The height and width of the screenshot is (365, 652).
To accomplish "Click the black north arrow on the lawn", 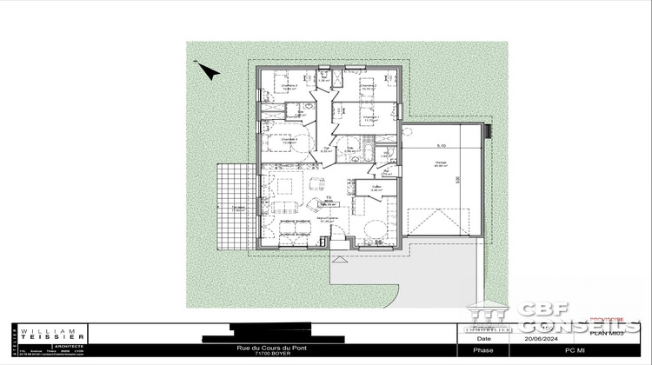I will click(x=206, y=70).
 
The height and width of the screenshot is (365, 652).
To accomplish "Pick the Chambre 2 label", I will click(x=368, y=86).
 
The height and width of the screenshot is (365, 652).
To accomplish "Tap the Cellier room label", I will click(x=376, y=187).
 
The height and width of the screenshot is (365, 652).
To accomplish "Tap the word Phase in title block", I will click(x=484, y=351).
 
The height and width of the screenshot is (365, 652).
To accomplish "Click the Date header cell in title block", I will click(x=484, y=339).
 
